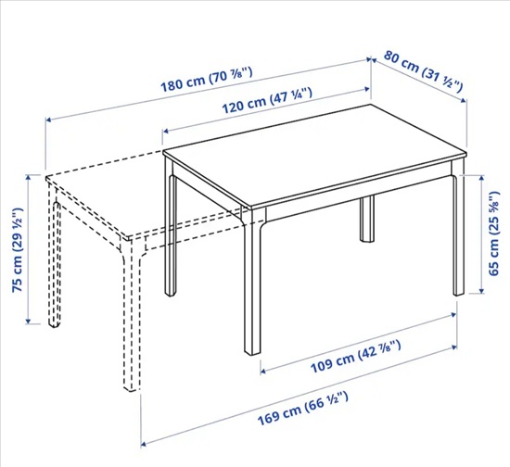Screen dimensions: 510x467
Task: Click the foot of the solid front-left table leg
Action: (252, 351)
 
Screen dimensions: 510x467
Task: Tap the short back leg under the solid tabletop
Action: (367, 219)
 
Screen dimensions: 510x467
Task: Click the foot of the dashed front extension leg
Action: (130, 387)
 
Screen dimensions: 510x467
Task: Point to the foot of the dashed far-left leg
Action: (55, 324)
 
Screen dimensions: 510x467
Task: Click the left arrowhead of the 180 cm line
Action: (48, 120)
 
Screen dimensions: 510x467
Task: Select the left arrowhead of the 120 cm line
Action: (166, 132)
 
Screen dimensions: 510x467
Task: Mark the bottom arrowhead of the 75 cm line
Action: (29, 322)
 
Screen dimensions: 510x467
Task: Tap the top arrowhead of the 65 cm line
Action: (481, 177)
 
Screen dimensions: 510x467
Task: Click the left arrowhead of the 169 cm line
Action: (144, 444)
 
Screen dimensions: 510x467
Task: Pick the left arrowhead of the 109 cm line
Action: (263, 371)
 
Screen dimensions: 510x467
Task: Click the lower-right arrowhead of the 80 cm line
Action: (464, 100)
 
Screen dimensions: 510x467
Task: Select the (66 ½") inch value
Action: (326, 402)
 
